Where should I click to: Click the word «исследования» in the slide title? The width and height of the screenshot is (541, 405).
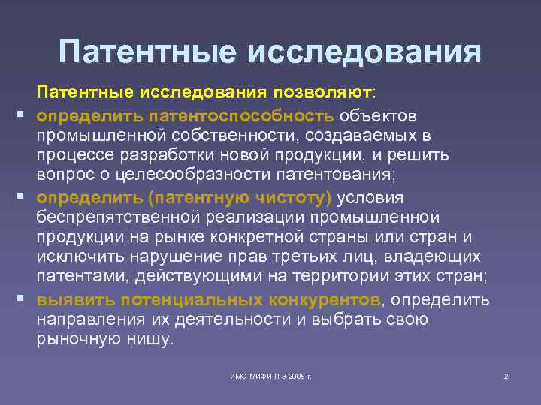pos(363,53)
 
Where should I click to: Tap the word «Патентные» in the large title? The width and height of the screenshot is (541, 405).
pos(147,53)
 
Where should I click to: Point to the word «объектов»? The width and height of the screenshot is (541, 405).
pos(378,116)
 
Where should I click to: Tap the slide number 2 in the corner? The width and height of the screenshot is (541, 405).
pos(506,375)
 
